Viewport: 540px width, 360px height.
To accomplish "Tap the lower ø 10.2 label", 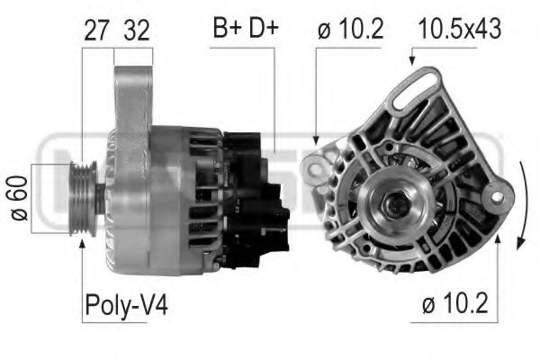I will [458, 305].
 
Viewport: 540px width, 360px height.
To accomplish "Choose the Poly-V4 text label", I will [126, 305].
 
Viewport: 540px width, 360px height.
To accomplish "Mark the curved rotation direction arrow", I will [524, 202].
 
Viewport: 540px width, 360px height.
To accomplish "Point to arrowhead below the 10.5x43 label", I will [412, 63].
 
